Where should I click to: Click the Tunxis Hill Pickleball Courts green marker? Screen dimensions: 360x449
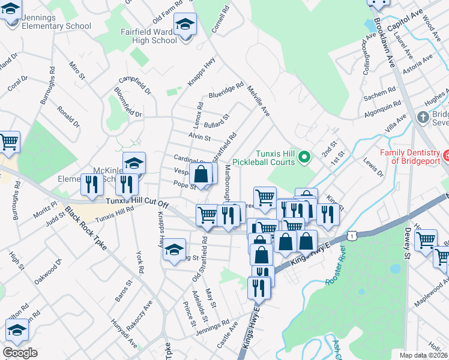click(x=304, y=158)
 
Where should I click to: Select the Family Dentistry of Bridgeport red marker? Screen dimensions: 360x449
click(x=446, y=157)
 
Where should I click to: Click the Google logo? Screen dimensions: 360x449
click(x=20, y=353)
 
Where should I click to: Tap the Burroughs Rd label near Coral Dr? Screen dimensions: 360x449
click(x=47, y=89)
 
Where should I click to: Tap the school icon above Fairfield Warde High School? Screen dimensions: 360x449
click(x=185, y=25)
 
